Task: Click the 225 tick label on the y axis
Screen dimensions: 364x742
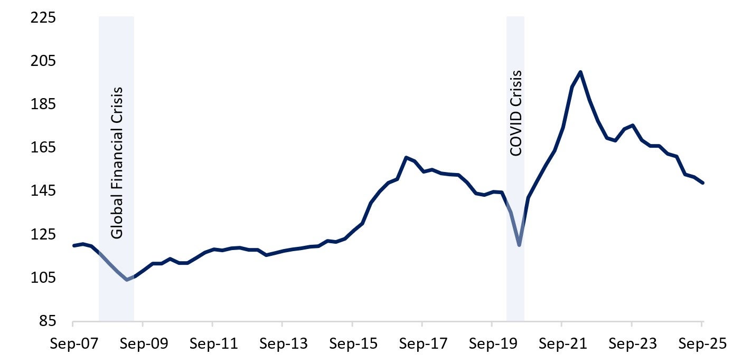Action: [x=45, y=18]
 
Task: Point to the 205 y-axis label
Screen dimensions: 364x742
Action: [x=45, y=62]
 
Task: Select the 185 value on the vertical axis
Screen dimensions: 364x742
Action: [x=45, y=105]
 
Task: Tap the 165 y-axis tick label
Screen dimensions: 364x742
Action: [x=45, y=148]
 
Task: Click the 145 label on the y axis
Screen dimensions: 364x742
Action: [x=45, y=191]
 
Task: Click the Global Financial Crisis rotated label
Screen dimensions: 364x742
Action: [x=117, y=162]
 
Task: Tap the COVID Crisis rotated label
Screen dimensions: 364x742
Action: [x=515, y=113]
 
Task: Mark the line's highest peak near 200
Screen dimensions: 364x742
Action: [x=580, y=72]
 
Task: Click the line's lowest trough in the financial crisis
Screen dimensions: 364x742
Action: [x=127, y=280]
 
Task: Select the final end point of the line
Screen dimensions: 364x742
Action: [x=703, y=183]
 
